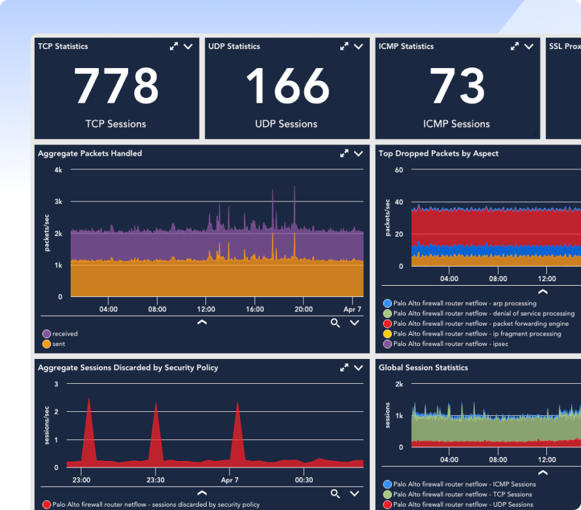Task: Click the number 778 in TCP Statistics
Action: [116, 86]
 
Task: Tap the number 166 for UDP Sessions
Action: [287, 86]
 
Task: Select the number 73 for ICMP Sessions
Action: [457, 86]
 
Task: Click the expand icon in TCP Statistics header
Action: [173, 46]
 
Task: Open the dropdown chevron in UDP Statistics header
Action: [358, 46]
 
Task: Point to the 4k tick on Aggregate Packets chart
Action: [58, 170]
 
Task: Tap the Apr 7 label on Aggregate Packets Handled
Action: [352, 309]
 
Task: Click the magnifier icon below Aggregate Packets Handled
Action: [335, 322]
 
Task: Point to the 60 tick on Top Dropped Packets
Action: [398, 170]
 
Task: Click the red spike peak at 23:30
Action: [156, 403]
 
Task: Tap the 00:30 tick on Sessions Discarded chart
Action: [304, 479]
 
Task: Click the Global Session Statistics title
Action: [423, 367]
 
